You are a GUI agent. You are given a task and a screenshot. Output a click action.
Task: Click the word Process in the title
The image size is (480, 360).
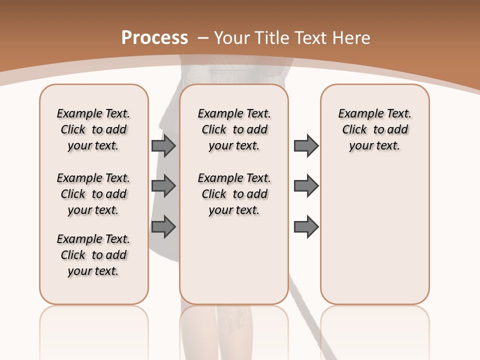(155, 38)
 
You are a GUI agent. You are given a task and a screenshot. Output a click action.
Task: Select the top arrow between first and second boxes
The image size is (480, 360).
(163, 145)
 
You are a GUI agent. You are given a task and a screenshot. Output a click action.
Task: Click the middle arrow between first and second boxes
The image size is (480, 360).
(163, 186)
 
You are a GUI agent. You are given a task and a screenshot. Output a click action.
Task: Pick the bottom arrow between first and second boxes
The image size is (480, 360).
(163, 226)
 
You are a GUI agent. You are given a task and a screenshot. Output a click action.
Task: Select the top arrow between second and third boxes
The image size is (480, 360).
(306, 145)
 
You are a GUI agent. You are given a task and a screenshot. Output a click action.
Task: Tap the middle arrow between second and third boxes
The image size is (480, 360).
(306, 186)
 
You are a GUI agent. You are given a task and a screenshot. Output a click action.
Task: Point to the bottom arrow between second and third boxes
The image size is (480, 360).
(306, 226)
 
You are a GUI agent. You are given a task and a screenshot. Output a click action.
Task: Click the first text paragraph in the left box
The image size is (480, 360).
(93, 129)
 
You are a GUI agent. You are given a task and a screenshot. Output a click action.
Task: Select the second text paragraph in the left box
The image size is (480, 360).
(93, 194)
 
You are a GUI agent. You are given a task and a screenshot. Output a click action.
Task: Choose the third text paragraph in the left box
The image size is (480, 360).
(93, 255)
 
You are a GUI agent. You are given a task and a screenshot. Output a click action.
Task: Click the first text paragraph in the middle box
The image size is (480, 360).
(234, 129)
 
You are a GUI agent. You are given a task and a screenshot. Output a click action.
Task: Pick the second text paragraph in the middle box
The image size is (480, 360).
(234, 194)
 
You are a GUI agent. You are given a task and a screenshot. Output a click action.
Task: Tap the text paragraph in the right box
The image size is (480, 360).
(375, 129)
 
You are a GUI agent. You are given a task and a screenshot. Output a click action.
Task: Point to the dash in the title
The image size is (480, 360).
(203, 38)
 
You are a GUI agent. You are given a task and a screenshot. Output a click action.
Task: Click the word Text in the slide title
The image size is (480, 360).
(308, 38)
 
